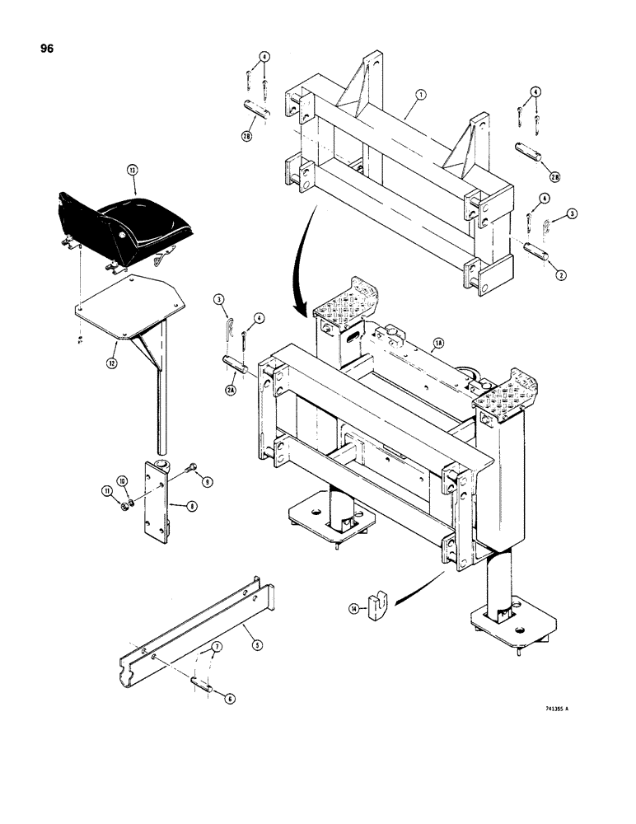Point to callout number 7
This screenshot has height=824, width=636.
[217, 650]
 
